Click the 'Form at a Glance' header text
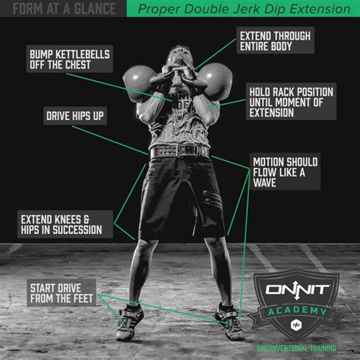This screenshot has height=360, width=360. (x=64, y=8)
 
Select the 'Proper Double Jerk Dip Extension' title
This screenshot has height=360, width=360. (x=244, y=9)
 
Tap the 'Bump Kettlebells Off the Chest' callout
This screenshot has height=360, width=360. (x=70, y=59)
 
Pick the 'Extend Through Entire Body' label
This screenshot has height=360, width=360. (x=275, y=41)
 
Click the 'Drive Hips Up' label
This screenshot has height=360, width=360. (x=75, y=116)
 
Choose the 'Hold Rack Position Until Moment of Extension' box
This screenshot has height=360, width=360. (x=291, y=102)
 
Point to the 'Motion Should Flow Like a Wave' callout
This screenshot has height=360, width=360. (x=285, y=172)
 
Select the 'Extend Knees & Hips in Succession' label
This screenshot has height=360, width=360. (x=65, y=224)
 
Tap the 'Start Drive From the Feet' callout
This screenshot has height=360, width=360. (x=62, y=293)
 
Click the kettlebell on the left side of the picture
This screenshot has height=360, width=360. (x=139, y=83)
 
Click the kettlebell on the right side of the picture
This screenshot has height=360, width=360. (x=216, y=81)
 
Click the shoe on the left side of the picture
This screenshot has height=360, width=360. (x=129, y=322)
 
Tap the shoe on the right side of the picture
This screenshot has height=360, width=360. (x=229, y=321)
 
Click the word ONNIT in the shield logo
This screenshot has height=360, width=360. (x=298, y=290)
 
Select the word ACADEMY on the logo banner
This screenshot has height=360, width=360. (x=298, y=311)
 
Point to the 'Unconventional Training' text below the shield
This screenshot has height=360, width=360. (x=297, y=349)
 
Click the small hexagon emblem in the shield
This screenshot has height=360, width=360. (x=295, y=324)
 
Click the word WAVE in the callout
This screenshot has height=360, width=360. (x=264, y=182)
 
